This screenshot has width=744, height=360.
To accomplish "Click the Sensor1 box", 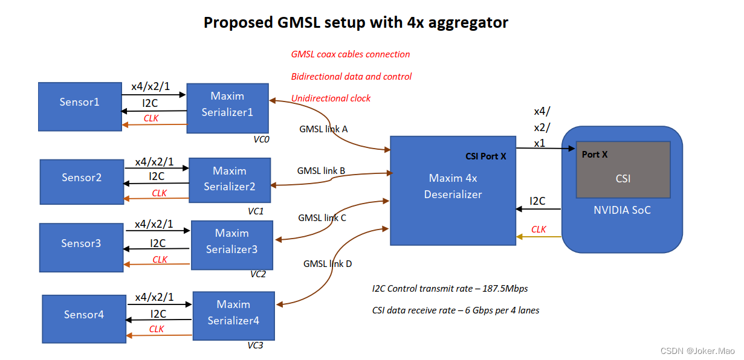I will pos(79,106).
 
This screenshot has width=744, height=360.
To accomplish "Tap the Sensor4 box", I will pos(84,314).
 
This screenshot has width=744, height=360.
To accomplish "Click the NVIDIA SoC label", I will pos(622,210).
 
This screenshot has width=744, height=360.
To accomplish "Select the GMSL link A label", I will pos(323,129).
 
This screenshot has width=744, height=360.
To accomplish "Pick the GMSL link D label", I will pos(328,263).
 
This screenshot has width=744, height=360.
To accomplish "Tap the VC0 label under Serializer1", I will pos(261,139).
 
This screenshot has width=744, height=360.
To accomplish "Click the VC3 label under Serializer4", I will pos(255,345).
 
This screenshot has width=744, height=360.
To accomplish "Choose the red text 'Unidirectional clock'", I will pos(331,98).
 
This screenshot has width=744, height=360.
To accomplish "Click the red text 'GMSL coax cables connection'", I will pos(351,54).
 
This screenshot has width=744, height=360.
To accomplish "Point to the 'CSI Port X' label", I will pos(486,156).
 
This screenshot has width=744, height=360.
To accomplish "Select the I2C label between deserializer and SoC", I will pos(537,201).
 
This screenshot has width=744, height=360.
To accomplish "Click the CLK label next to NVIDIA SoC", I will pos(539,230).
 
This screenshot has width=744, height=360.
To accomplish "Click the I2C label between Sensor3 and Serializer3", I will pos(158,243).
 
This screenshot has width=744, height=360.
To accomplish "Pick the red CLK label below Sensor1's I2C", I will pos(151,118).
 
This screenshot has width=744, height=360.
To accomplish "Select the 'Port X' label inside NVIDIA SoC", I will pos(595,155).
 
